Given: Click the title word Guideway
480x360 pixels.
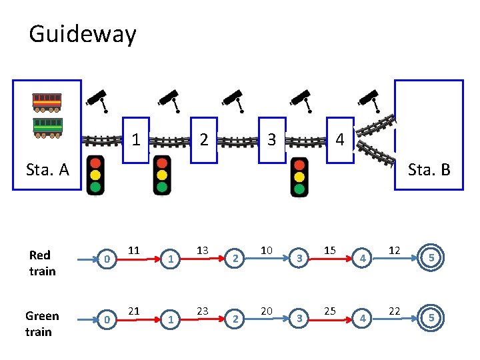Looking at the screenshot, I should pos(82,33).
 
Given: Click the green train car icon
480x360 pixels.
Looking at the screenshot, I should pos(47,127).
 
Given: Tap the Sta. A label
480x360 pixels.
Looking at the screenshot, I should pos(47,169).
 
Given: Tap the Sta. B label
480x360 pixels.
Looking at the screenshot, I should pos(429,169).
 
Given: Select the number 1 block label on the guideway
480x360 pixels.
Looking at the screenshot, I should pos(136,140).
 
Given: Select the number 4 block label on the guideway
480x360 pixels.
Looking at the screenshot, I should pos(340,140).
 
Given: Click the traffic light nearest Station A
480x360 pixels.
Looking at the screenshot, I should pos(96,175).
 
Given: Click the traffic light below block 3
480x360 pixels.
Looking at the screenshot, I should pos(299,177).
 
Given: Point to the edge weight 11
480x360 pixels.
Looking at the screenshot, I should pos(133,250).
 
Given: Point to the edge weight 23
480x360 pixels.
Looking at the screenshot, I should pos(202,311).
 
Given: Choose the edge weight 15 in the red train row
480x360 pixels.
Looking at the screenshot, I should pos(329,250).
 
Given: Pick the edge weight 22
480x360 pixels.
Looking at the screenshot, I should pos(394,311).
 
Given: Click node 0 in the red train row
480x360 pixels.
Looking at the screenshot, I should pos(106,258).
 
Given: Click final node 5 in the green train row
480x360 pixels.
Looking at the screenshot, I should pos(431,319).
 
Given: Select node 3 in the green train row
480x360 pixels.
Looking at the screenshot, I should pos(299,319).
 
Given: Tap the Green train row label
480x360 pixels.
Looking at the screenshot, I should pos(42,323).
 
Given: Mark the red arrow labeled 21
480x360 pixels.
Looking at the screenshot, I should pos(137,319).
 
